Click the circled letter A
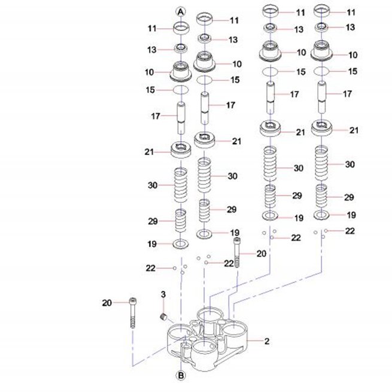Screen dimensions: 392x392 pos(181,12)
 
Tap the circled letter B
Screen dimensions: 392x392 pos(181,375)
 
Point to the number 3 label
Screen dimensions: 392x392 pos(163,294)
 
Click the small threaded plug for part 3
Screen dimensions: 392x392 pos(163,317)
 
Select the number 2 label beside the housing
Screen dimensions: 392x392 pos(267,341)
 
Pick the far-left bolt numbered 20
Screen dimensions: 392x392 pos(133,312)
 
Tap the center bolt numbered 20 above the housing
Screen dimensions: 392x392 pos(237,253)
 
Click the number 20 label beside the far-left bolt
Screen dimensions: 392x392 pos(107,303)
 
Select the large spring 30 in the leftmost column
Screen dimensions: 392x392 pos(181,185)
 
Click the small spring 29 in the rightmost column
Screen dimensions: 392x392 pos(321,196)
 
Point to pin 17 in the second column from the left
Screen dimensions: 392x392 pos(205,108)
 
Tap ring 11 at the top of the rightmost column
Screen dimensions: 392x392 pos(322,11)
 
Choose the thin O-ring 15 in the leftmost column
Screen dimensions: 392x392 pos(181,90)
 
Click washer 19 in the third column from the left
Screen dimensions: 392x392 pos(270,215)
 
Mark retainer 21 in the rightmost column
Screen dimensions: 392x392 pos(321,127)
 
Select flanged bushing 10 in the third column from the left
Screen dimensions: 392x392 pos(270,51)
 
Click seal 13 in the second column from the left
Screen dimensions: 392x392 pos(205,39)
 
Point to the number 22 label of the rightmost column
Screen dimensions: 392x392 pos(350,231)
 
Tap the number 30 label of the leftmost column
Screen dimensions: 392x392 pos(153,186)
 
